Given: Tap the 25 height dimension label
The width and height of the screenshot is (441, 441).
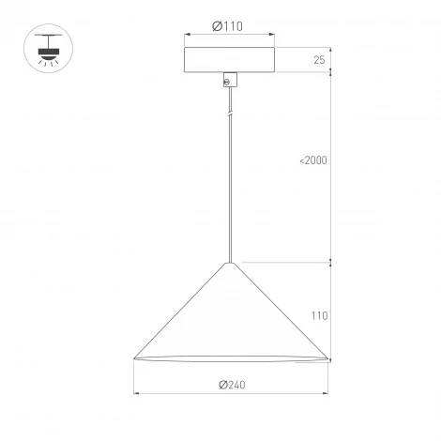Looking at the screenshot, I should pos(319,60).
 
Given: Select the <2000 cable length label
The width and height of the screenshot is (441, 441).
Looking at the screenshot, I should pos(313,160).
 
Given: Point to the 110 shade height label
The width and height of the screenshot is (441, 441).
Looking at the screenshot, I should pos(319,316).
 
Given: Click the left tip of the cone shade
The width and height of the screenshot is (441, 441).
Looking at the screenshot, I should pos(134,358).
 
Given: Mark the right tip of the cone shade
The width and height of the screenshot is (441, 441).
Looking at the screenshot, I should pos(327,358).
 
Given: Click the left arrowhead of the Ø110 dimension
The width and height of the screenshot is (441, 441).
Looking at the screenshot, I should pos(187,35).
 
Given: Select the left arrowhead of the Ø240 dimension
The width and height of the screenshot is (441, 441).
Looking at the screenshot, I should pos(137,392).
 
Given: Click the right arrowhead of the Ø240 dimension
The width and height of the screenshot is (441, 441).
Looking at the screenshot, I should pos(324,392).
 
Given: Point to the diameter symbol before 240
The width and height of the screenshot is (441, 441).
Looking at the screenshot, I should pos(221,384).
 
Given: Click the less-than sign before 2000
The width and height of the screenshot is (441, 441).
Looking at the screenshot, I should pos(302,160).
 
